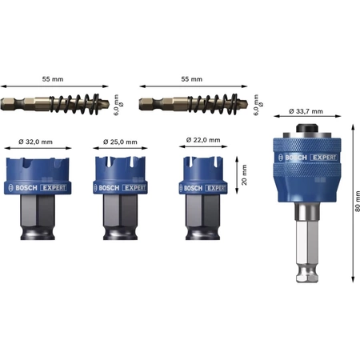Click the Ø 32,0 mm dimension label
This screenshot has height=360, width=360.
pos(35,142)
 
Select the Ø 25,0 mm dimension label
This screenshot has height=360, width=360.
pos(120,142)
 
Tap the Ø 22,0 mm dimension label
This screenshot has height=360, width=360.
pos(203,140)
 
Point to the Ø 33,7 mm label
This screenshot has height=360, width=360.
pos(306,111)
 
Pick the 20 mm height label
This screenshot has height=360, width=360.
pos(244,175)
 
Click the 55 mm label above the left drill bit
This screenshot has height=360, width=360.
pos(53,79)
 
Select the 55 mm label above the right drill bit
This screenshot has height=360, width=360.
pos(192,79)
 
